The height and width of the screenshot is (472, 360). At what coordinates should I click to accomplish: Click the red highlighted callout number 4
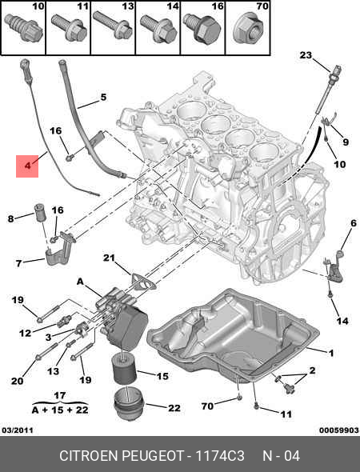27,166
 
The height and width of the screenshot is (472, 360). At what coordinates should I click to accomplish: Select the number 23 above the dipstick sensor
306,55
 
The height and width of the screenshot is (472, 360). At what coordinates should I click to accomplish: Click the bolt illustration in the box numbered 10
25,29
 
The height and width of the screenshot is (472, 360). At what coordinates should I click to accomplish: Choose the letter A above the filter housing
80,282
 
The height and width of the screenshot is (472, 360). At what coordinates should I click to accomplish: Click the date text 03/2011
18,430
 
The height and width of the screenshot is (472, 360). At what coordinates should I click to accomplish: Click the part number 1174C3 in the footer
219,456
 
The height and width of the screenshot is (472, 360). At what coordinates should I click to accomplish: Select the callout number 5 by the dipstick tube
102,98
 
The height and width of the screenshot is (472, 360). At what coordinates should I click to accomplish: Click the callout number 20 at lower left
17,381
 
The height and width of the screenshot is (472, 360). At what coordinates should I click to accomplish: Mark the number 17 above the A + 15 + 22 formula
58,394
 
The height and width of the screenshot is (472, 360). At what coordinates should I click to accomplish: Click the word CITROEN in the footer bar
90,456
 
